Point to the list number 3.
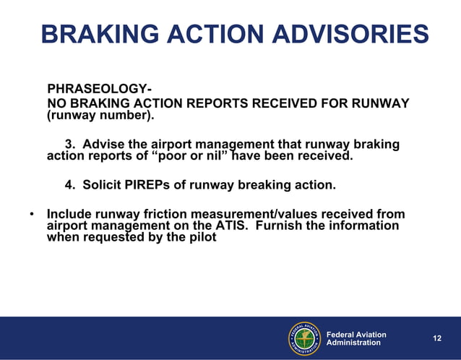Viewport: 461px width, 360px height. pyautogui.click(x=70, y=145)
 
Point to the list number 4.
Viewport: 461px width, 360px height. pyautogui.click(x=70, y=185)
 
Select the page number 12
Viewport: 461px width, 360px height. pyautogui.click(x=436, y=338)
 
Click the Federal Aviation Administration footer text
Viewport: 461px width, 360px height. pyautogui.click(x=356, y=338)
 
